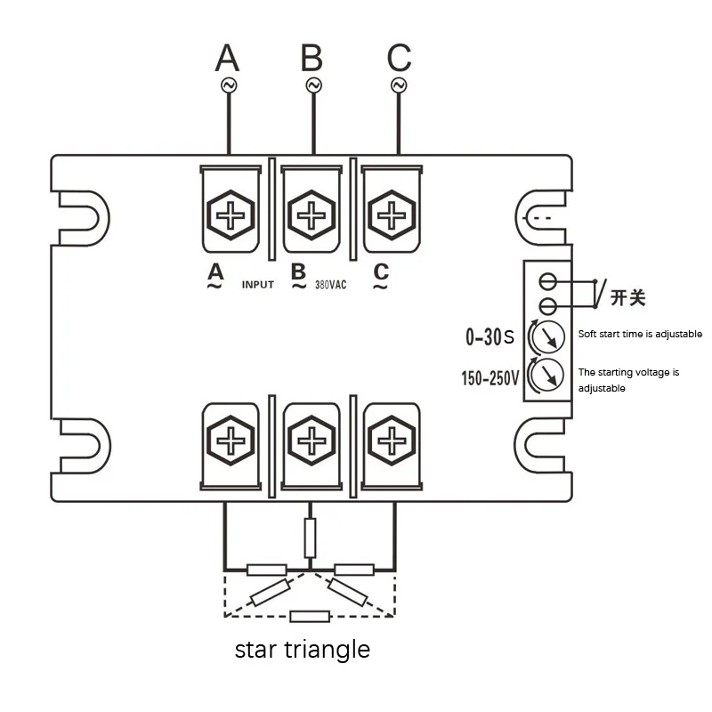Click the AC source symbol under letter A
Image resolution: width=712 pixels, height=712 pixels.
pos(228,85)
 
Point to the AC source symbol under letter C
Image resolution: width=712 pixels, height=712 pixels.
pos(399,85)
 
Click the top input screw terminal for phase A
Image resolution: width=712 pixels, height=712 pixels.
pos(230,214)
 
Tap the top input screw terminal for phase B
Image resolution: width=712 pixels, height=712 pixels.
pos(311,214)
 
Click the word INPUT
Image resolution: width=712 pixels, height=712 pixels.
pos(258,286)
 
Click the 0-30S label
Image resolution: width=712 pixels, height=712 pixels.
pos(490,337)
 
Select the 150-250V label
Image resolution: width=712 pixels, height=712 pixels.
pos(489,378)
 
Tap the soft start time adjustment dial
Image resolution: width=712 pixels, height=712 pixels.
pos(547,336)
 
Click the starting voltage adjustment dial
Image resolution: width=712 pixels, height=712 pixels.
pos(547,374)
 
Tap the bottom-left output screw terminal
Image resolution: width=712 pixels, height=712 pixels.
pos(230,441)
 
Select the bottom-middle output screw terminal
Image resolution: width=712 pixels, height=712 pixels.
pos(311,441)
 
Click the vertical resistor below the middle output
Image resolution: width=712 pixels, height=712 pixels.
pos(310,537)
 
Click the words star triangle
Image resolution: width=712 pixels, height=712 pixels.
pos(302,650)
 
